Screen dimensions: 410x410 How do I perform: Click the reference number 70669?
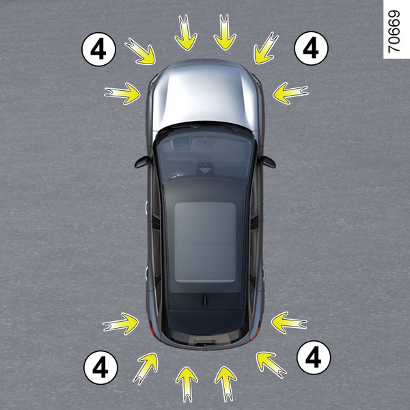tap(394, 31)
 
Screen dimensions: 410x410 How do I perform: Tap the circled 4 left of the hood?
tap(98, 49)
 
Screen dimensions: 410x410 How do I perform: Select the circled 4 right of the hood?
tap(311, 48)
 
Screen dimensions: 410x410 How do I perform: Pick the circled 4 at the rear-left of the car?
tap(100, 368)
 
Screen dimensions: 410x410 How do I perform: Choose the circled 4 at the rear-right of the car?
tap(314, 357)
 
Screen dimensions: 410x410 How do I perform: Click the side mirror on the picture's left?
tap(143, 162)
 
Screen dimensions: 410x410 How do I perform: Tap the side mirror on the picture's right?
tap(268, 162)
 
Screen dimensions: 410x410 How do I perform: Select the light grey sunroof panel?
tap(205, 242)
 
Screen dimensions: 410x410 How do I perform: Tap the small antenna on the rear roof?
tap(205, 300)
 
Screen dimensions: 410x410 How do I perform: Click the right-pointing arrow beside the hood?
tap(122, 94)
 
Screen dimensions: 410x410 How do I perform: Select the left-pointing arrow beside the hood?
tap(290, 93)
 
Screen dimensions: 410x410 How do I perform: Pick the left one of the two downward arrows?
tap(186, 32)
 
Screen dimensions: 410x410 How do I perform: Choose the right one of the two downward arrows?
tap(225, 32)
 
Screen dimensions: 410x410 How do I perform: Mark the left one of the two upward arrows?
tap(187, 384)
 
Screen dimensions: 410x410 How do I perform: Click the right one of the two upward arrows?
tap(226, 384)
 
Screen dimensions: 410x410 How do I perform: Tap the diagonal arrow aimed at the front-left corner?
tap(140, 51)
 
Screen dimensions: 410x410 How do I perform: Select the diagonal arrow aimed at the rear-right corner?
tap(271, 365)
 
